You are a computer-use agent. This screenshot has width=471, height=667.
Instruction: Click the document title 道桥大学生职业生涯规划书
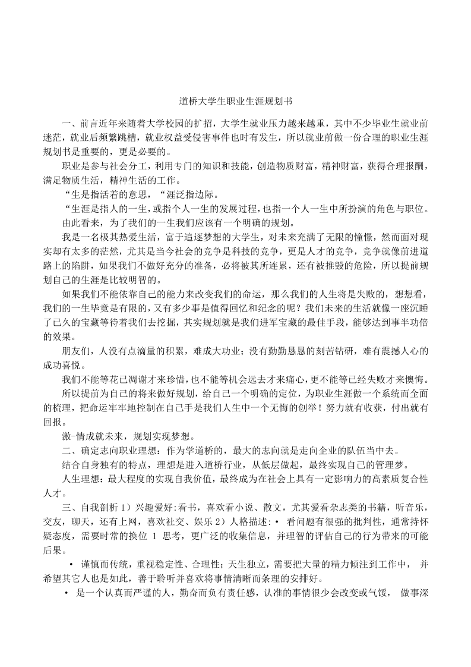(235, 102)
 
